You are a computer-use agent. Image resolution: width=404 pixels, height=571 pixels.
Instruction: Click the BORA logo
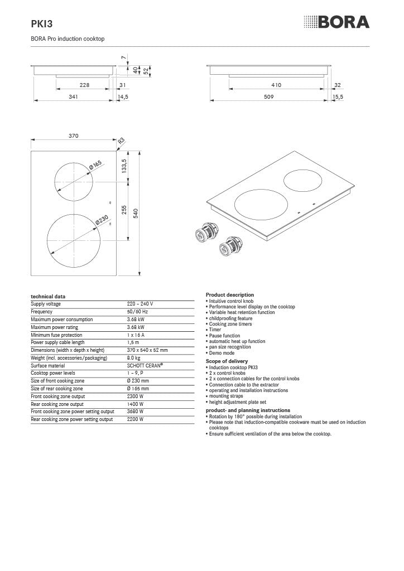[336, 22]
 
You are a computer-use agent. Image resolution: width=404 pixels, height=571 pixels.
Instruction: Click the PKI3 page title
[41, 23]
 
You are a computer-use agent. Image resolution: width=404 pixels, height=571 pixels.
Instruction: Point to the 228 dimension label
[84, 85]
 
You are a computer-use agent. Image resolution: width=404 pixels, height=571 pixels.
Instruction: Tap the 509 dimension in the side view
[268, 96]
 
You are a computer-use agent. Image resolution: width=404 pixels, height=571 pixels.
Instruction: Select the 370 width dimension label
[73, 136]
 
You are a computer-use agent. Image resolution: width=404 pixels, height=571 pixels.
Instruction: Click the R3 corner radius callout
[121, 141]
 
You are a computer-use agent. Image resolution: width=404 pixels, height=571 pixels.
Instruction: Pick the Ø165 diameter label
[95, 164]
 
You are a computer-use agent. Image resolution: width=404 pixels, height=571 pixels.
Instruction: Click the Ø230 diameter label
[102, 220]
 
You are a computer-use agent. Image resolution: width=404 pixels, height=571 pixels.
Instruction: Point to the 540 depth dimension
[136, 213]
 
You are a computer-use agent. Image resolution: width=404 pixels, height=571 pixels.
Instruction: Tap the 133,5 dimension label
[124, 166]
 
